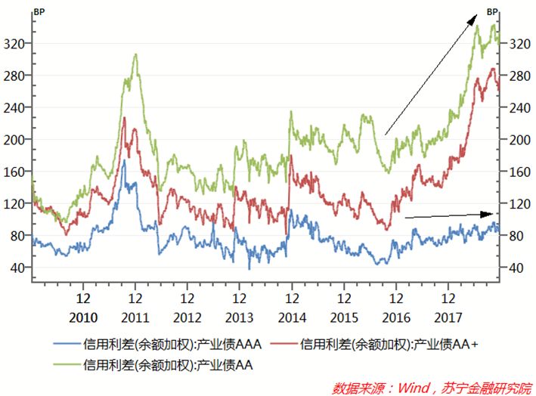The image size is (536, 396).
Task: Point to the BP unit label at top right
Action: pos(492,12)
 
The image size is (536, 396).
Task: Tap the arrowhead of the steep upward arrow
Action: pos(477,14)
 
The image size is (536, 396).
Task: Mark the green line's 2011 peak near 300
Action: pos(135,54)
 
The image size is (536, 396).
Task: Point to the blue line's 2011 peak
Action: pos(123,160)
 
